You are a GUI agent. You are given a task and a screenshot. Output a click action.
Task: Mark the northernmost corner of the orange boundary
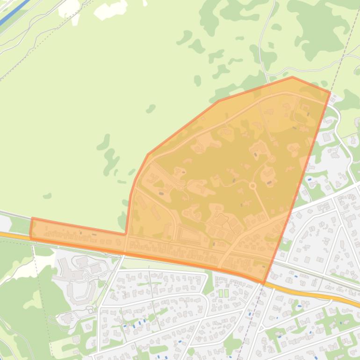[x=292, y=77]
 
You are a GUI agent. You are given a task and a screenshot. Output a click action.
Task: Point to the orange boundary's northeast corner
[x=330, y=93]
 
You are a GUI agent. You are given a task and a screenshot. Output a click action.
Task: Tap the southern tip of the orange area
[x=263, y=283]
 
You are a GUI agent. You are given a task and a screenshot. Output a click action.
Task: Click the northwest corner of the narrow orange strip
[x=32, y=218]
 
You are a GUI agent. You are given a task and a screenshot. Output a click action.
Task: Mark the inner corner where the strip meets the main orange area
[x=126, y=233]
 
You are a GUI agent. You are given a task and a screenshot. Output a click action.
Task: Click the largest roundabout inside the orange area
[x=253, y=186]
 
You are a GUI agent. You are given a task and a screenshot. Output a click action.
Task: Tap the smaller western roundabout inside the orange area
[x=180, y=187]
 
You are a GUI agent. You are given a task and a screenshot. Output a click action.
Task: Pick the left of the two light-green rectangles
[x=221, y=293]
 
